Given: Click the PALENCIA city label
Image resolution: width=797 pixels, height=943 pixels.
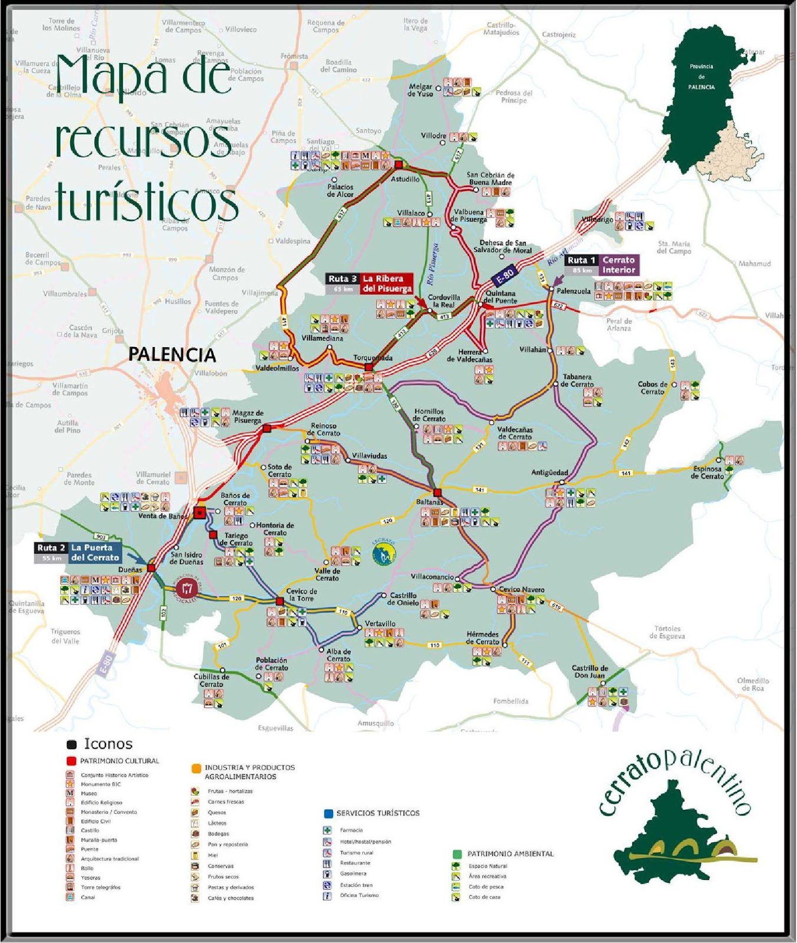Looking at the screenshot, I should coord(172,355).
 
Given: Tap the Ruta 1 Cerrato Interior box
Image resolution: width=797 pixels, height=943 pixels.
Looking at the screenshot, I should coord(601,265).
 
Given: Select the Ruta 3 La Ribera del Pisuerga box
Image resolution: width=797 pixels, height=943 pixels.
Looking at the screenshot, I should coord(369,283).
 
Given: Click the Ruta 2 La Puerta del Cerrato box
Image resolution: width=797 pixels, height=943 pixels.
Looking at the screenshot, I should coord(78,552).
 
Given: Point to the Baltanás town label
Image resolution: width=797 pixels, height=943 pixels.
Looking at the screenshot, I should coord(429,502).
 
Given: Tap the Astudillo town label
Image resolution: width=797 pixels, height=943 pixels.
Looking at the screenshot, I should coord(406,179).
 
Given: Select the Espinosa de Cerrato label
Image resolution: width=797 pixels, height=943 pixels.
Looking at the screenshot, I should coord(708,473).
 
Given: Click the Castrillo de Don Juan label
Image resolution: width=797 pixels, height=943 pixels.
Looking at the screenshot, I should coord(589,671).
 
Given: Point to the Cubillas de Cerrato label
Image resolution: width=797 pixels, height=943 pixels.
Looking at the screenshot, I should coord(211,680).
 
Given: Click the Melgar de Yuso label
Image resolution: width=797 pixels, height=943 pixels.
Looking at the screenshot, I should coord(421,90).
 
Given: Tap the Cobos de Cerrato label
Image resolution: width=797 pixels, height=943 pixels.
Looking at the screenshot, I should coord(653,388).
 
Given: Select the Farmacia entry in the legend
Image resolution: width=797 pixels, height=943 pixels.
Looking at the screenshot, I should coord(351,830).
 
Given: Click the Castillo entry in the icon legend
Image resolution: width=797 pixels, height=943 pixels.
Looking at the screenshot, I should coord(90,830).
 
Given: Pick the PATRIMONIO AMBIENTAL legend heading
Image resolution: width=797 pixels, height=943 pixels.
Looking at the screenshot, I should coord(511,853).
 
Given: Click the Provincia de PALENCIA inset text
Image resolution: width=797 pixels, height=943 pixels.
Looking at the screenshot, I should coord(702,77).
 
